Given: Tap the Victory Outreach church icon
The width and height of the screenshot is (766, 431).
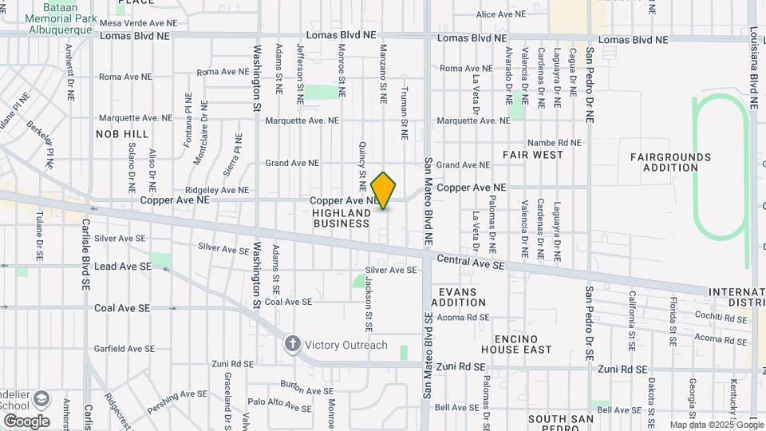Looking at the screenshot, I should (x=293, y=345).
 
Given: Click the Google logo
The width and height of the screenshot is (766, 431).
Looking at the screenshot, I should (x=26, y=421).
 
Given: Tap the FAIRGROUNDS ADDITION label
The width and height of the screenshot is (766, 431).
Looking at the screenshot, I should (x=670, y=162).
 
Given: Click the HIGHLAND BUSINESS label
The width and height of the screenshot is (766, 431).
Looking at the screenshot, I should (x=342, y=219).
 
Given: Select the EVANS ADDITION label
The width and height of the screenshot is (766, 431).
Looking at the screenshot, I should (x=458, y=297).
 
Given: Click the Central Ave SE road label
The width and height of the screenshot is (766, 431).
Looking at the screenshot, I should (x=471, y=261).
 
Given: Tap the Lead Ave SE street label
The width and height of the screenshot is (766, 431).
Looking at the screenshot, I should (x=123, y=267).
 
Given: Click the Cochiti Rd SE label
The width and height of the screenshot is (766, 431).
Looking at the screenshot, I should (x=720, y=318).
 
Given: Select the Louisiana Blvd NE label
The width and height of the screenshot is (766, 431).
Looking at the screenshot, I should (x=753, y=56).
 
